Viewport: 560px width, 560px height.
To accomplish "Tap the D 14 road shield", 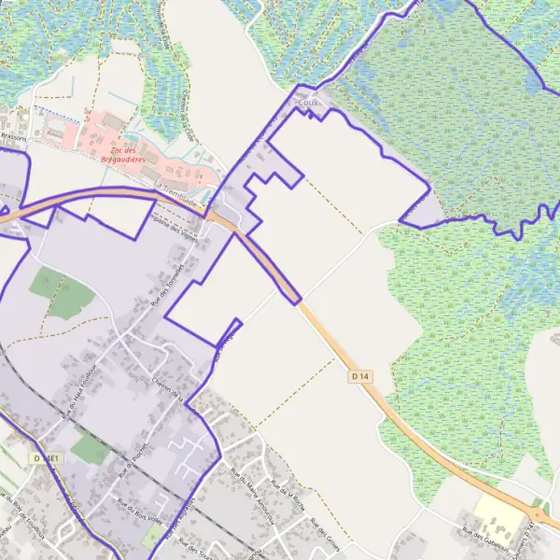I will tap(361, 375).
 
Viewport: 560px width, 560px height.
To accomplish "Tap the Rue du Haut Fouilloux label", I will tap(79, 392).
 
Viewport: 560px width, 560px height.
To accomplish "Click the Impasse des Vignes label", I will tap(176, 220).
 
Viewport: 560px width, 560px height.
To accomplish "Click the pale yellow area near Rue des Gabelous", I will tap(495, 509).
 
